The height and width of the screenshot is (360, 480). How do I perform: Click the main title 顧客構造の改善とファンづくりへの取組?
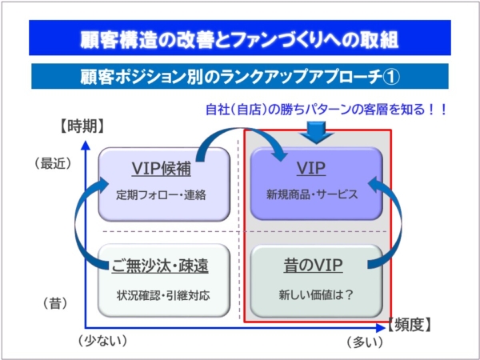click(x=239, y=40)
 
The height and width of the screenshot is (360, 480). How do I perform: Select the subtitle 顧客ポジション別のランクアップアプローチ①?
click(x=240, y=77)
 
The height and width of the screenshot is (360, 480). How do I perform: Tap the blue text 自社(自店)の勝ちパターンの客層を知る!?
click(x=326, y=110)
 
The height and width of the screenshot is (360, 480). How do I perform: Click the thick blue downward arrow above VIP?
click(x=317, y=133)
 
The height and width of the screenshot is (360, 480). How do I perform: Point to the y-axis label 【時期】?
click(x=82, y=126)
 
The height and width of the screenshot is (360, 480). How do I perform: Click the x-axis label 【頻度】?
click(x=410, y=324)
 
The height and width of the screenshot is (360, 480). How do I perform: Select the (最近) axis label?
click(x=54, y=164)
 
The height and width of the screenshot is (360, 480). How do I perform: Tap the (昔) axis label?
click(x=55, y=304)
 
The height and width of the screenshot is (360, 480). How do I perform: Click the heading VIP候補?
click(x=162, y=168)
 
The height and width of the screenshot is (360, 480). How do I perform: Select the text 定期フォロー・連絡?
click(x=162, y=195)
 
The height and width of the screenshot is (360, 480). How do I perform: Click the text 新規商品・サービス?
click(x=312, y=194)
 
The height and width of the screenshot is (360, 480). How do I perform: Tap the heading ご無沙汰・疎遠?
click(x=160, y=266)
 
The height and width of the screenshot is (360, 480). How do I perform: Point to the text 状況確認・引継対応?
click(x=163, y=295)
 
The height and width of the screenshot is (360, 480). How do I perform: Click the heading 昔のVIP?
click(x=313, y=265)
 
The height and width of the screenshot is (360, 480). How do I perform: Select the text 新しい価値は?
click(x=316, y=295)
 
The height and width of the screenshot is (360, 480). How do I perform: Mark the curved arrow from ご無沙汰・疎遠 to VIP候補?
click(x=77, y=223)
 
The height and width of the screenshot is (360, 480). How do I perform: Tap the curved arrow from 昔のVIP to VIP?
click(x=401, y=223)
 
